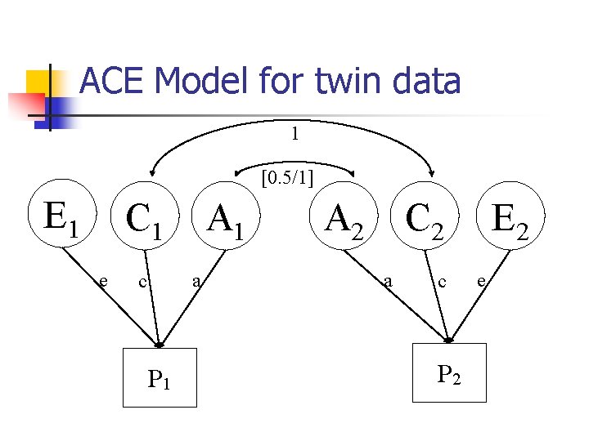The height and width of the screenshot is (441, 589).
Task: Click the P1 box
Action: (160, 377)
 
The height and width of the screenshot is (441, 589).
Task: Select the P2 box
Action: (449, 373)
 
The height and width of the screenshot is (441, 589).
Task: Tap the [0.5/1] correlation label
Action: (288, 176)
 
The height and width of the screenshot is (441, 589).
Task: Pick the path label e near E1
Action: (102, 281)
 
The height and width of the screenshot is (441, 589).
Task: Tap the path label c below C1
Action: (142, 282)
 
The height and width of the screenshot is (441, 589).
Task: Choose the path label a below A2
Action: (389, 282)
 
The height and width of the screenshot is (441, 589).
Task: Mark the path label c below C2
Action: (443, 282)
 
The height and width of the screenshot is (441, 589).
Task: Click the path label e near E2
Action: (483, 282)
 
